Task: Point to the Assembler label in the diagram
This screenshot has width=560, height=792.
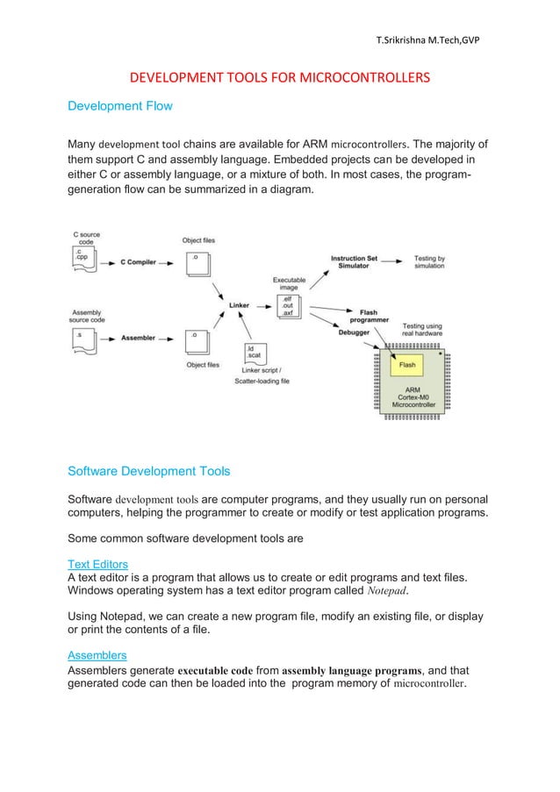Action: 138,336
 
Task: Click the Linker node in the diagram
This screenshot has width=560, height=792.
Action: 239,305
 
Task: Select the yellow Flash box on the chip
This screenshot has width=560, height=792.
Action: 407,364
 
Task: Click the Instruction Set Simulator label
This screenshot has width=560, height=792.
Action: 354,261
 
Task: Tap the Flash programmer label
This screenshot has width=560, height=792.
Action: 369,317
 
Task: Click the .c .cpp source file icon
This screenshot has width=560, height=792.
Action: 84,256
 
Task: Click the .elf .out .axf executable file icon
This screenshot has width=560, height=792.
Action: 288,307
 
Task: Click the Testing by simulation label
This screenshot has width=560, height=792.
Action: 429,261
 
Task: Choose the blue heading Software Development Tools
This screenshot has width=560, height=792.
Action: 149,472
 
